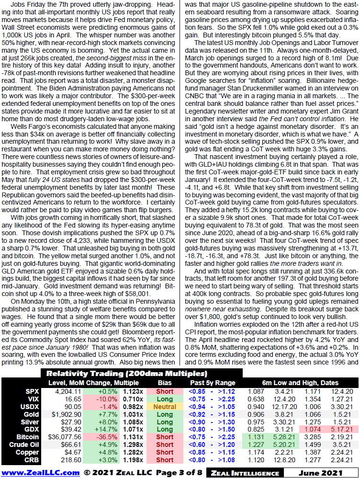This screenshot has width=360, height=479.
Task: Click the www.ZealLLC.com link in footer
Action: (x=41, y=472)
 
